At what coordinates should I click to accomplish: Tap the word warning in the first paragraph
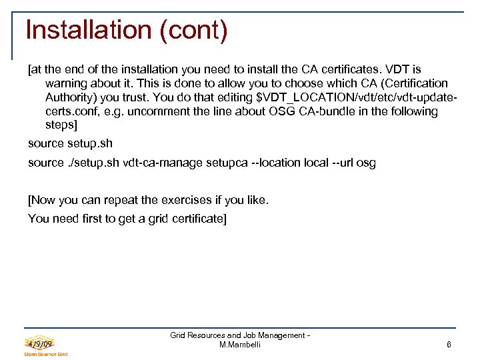click(x=66, y=83)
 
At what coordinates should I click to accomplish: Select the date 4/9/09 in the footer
click(x=40, y=343)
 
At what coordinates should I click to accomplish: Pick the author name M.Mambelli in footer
click(x=240, y=345)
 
